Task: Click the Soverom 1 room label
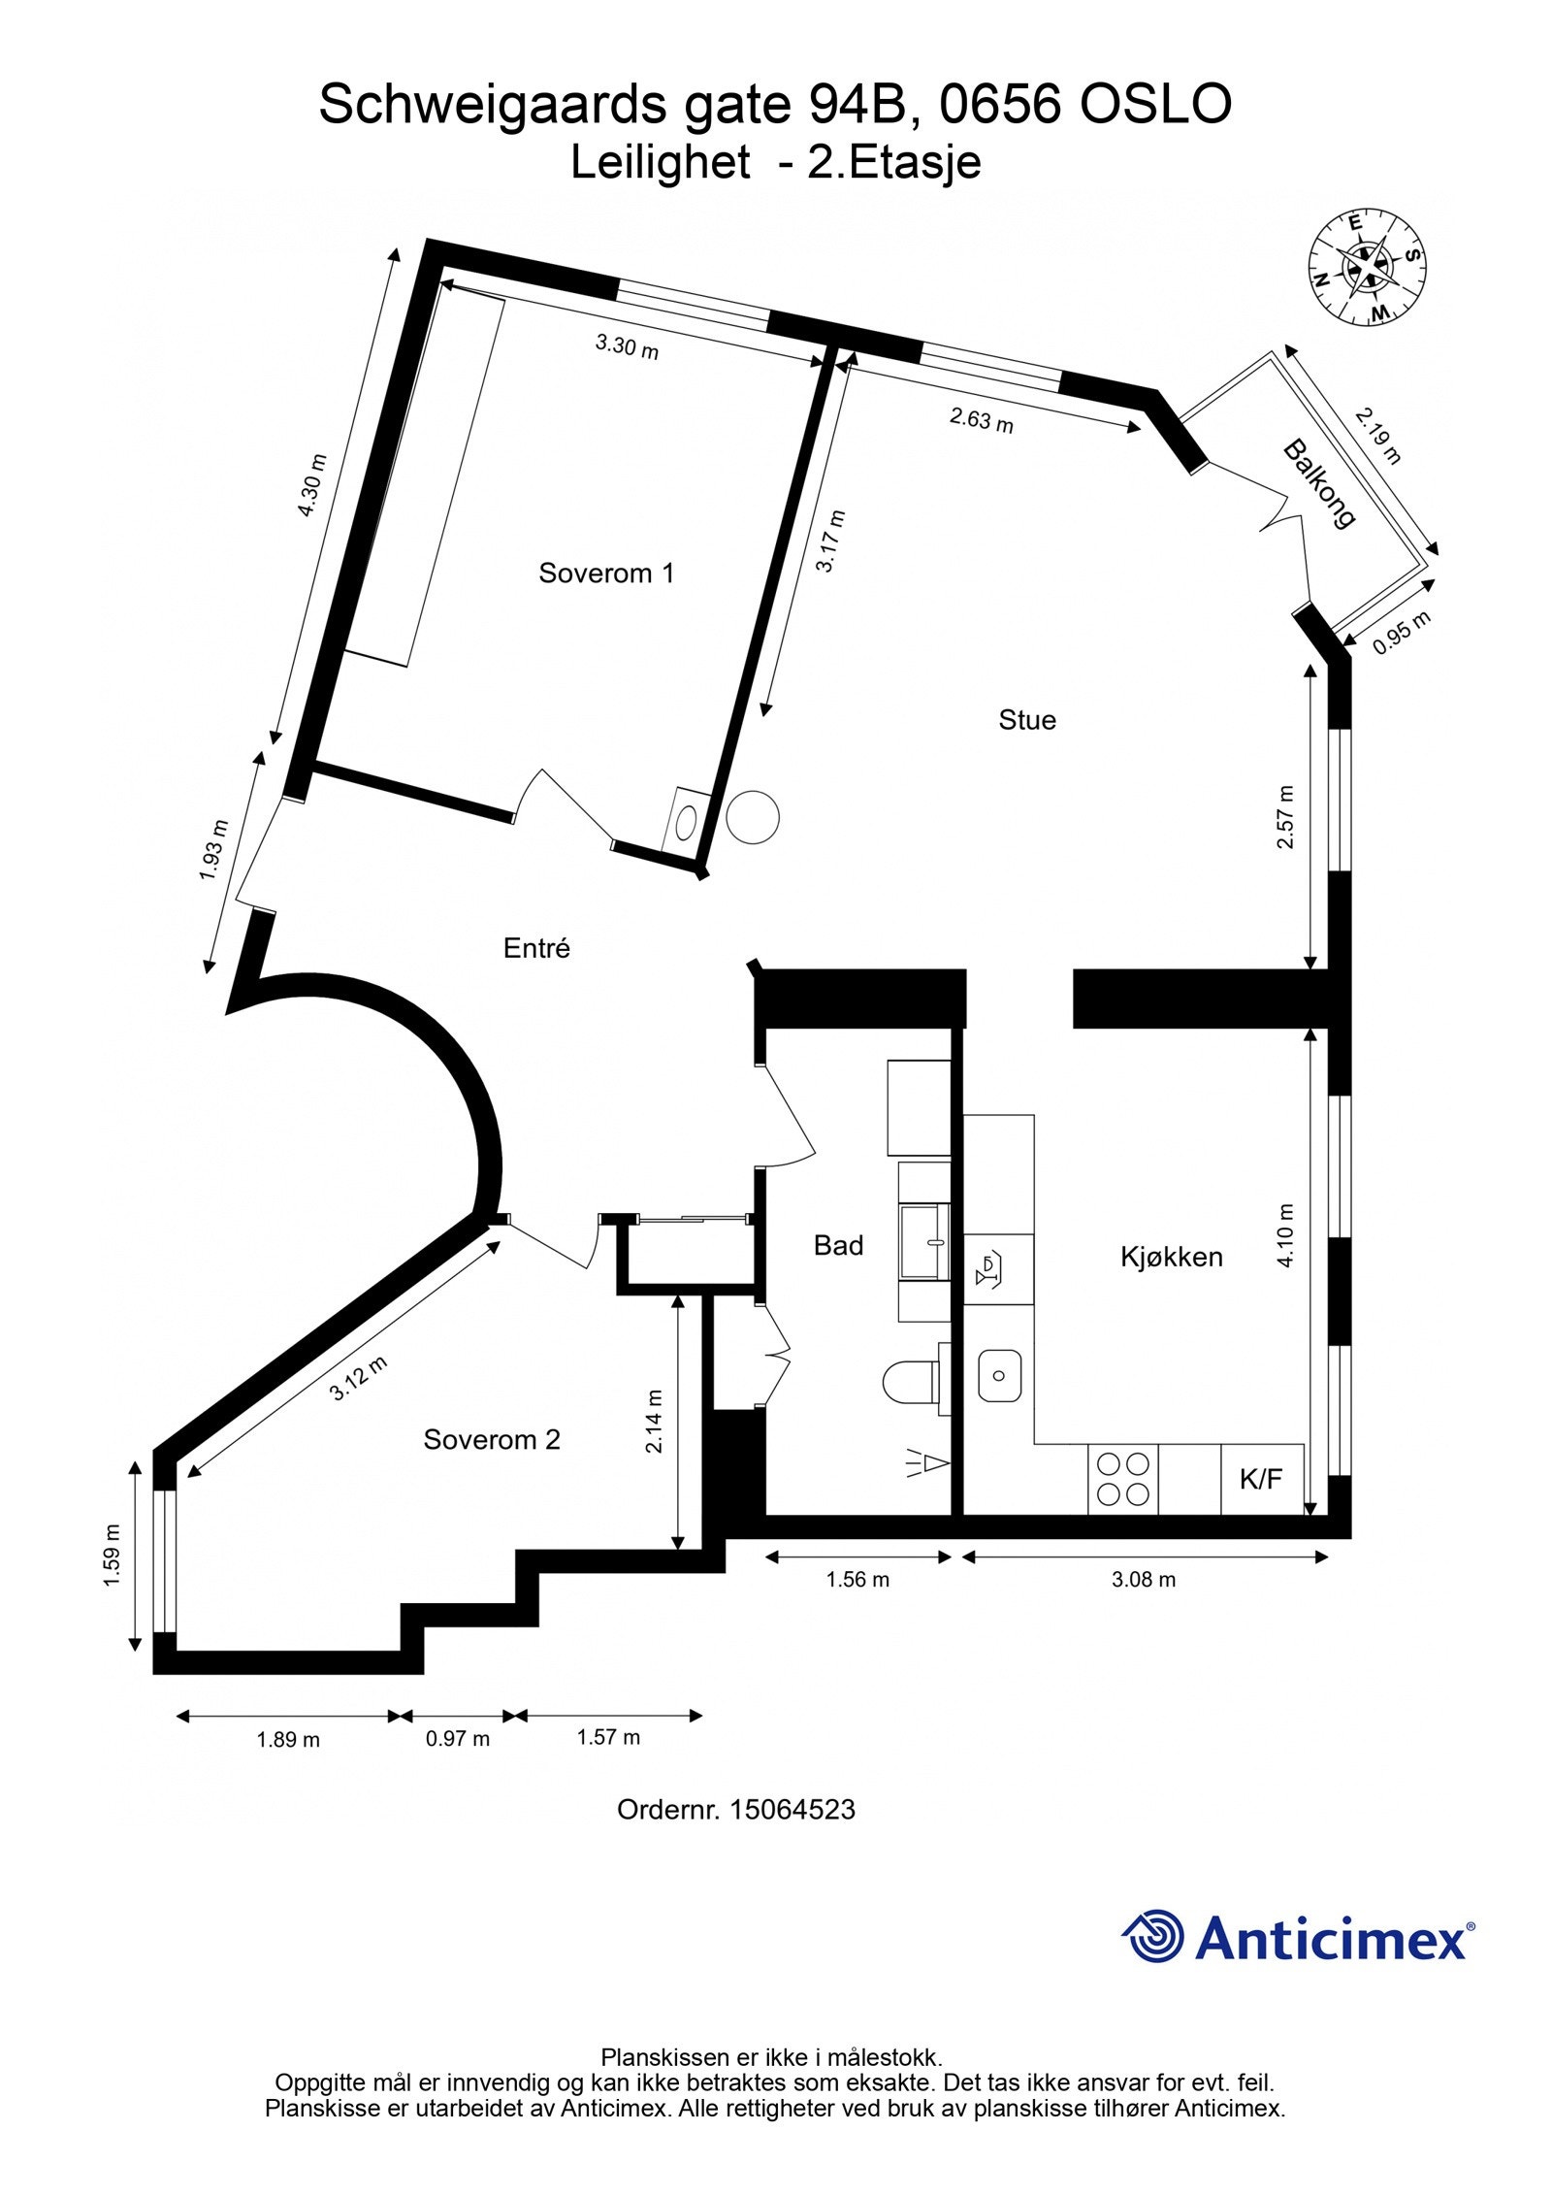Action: pyautogui.click(x=606, y=573)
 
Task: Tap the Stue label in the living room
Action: pyautogui.click(x=1027, y=719)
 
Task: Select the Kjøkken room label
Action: pyautogui.click(x=1171, y=1257)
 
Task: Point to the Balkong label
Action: pyautogui.click(x=1318, y=484)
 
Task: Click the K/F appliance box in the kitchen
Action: pyautogui.click(x=1261, y=1479)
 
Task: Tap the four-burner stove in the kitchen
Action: pyautogui.click(x=1123, y=1479)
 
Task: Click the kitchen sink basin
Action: pyautogui.click(x=999, y=1374)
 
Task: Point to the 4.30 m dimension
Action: pyautogui.click(x=312, y=485)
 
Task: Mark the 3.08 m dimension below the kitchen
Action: pyautogui.click(x=1144, y=1579)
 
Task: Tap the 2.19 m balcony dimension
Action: pyautogui.click(x=1378, y=436)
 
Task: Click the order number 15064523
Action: pyautogui.click(x=792, y=1809)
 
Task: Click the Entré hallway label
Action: pyautogui.click(x=536, y=948)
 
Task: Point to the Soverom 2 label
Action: pyautogui.click(x=492, y=1439)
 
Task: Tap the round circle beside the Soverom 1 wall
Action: pyautogui.click(x=753, y=817)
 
